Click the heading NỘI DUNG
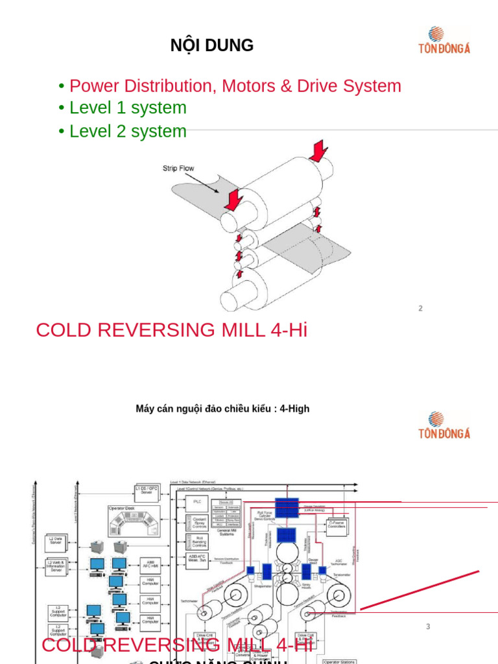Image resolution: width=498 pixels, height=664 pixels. (211, 46)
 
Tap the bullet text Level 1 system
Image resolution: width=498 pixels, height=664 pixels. (128, 108)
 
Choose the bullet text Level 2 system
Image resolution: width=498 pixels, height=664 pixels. (128, 131)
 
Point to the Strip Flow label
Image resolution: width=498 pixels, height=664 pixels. (178, 169)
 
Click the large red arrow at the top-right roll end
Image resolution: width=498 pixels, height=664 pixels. (319, 151)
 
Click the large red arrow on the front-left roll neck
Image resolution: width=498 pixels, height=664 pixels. (233, 198)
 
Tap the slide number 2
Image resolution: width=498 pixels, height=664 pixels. (420, 309)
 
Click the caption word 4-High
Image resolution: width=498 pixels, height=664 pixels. (294, 409)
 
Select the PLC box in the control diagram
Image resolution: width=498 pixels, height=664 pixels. (197, 502)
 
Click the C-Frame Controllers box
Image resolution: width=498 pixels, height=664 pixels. (336, 525)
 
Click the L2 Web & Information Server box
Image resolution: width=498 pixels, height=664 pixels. (56, 565)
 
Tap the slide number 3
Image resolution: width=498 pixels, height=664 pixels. (428, 626)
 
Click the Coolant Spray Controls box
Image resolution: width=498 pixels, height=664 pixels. (199, 523)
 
